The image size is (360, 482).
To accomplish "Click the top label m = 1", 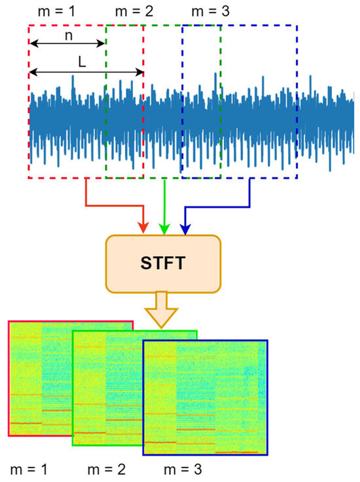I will (x=47, y=11).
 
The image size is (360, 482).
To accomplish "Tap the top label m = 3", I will (x=211, y=11).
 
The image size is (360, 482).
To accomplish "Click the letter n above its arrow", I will (x=68, y=35).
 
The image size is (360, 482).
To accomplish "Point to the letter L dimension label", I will (x=81, y=61).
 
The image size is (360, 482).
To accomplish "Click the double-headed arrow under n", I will (x=67, y=44).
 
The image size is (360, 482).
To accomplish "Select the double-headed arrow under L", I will (x=86, y=71).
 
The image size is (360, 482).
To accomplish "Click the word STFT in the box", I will (x=163, y=265).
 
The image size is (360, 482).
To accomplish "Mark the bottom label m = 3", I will (x=183, y=469).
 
